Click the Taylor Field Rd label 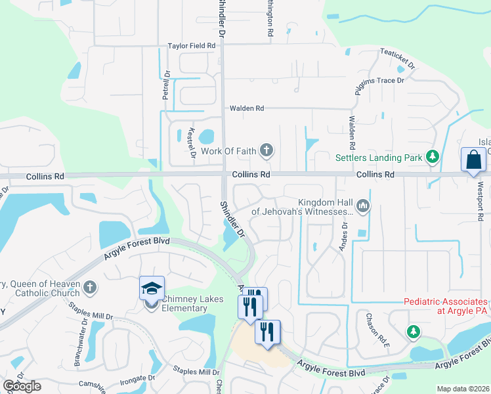(x=192, y=46)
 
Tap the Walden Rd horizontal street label (x=246, y=108)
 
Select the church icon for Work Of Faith (x=266, y=151)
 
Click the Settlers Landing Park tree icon (x=432, y=157)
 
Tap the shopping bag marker (x=474, y=160)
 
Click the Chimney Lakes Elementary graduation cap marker (x=151, y=288)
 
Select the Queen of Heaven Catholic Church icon (x=90, y=288)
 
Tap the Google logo (x=22, y=386)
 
